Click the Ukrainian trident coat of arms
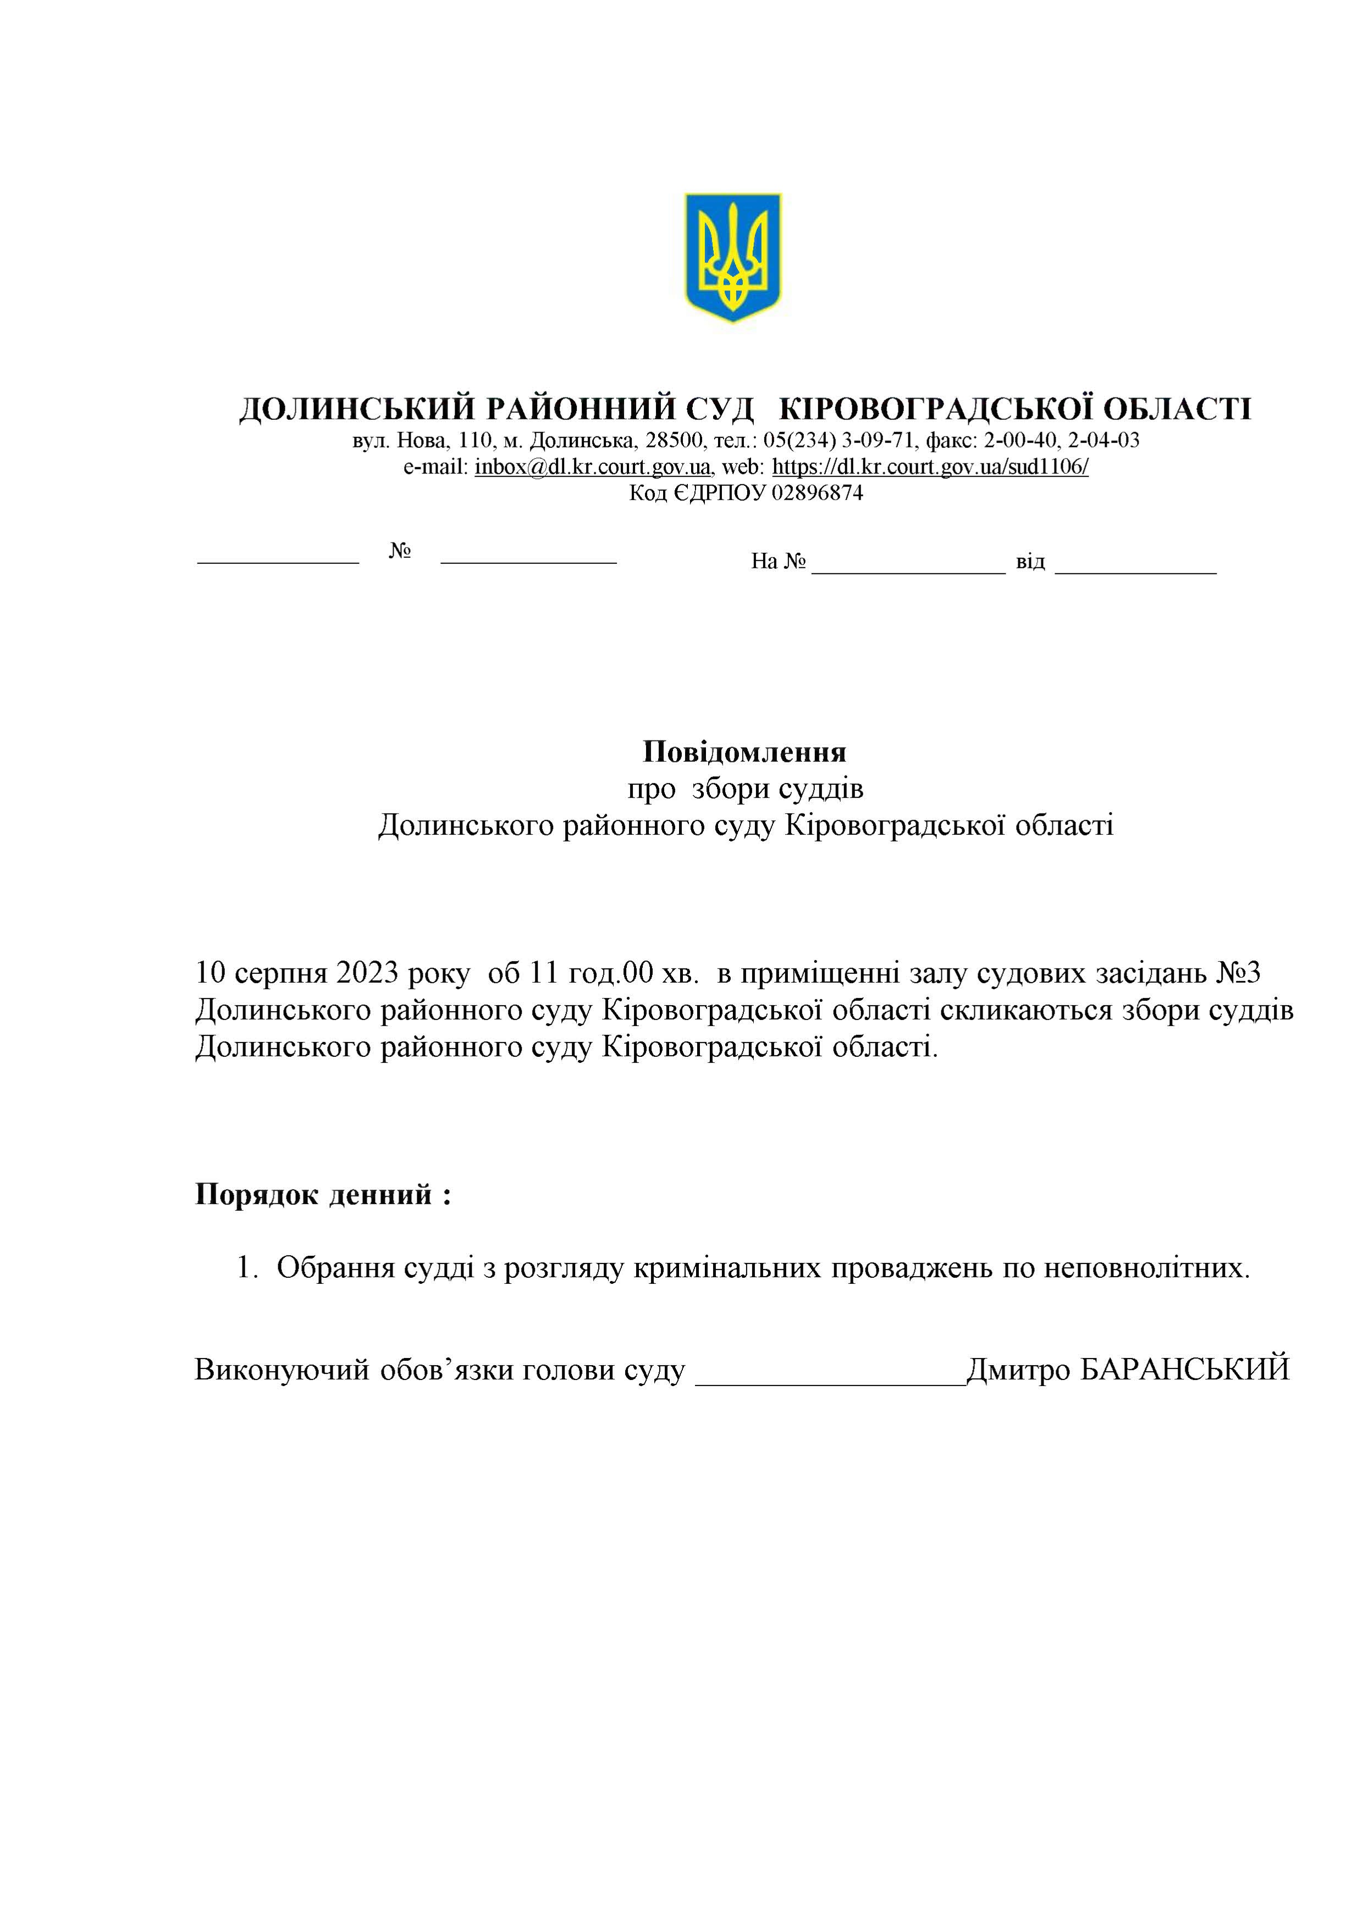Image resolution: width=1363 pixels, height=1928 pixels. pyautogui.click(x=732, y=256)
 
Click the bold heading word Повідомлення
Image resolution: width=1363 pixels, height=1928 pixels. pyautogui.click(x=744, y=751)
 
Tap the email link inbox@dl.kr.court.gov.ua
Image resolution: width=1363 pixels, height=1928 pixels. pyautogui.click(x=593, y=467)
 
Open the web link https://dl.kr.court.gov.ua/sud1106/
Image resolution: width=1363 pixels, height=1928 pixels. pyautogui.click(x=930, y=467)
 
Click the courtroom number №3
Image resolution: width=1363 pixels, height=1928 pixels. pyautogui.click(x=1238, y=973)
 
